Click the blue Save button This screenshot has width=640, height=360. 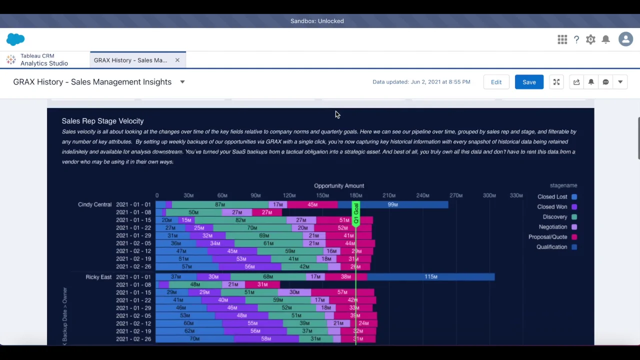coord(529,82)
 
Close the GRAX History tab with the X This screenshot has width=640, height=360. coord(177,60)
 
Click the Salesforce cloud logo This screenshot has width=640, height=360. coord(15,39)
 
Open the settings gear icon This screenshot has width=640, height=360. coord(590,39)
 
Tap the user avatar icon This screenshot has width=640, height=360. coord(625,39)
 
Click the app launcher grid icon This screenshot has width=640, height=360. coord(562,39)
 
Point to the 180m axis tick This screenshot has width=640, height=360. coord(356,195)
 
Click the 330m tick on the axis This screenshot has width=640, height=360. coord(516,195)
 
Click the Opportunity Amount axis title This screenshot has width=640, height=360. coord(339,185)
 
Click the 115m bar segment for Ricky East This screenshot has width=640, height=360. coord(431,276)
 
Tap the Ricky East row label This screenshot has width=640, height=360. coord(98,277)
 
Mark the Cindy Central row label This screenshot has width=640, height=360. coord(94,204)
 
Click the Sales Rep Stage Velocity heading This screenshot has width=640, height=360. coord(102,121)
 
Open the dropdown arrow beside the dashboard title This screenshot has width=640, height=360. coord(182,82)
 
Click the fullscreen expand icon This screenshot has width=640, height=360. coord(556,82)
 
